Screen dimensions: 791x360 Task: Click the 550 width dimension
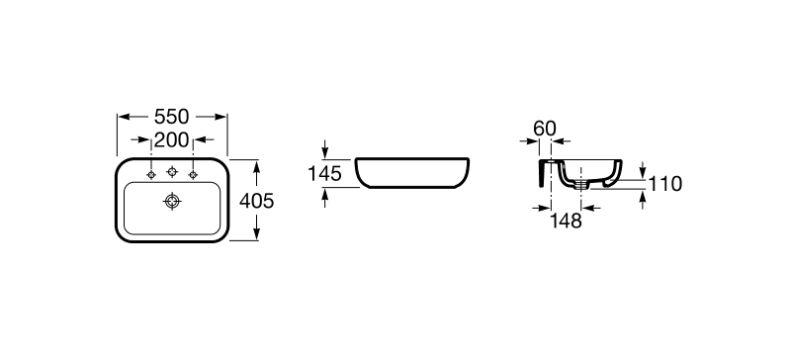coord(171,117)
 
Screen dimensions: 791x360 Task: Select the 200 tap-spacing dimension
coord(171,139)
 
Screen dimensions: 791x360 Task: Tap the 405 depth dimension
coord(256,201)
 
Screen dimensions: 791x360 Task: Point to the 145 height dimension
coord(325,174)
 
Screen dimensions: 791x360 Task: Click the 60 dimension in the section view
coord(545,129)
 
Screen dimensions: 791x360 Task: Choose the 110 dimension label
coord(664,184)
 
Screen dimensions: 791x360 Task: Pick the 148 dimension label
coord(566,221)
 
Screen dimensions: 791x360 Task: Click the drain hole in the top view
coord(172,202)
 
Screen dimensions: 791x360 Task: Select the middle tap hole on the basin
coord(172,172)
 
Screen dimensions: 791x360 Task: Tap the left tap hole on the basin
coord(151,175)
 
